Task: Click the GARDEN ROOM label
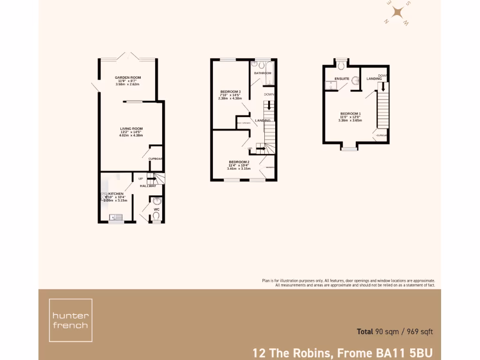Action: pos(128,77)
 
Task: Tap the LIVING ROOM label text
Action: pos(131,128)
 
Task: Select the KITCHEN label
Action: pos(116,194)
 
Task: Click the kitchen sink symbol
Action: pos(115,217)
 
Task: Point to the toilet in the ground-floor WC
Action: pos(156,216)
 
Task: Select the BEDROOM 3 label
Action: pos(230,91)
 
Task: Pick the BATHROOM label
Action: pos(262,73)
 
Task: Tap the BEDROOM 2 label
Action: pos(239,162)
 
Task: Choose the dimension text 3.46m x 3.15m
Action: pos(239,168)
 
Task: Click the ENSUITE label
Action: pos(341,78)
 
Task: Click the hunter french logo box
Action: pos(70,320)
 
